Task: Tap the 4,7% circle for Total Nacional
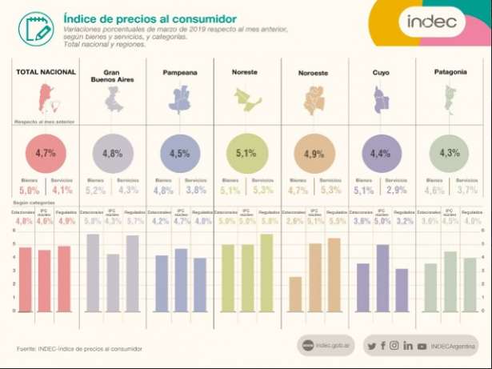pyautogui.click(x=46, y=152)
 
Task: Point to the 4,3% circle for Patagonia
pyautogui.click(x=449, y=152)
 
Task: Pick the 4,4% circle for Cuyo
pyautogui.click(x=381, y=152)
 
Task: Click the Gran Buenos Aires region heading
pyautogui.click(x=113, y=76)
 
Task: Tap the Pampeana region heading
pyautogui.click(x=180, y=72)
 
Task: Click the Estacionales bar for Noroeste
pyautogui.click(x=295, y=293)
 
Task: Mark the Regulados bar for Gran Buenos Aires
pyautogui.click(x=131, y=272)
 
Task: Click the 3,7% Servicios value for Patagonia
pyautogui.click(x=467, y=191)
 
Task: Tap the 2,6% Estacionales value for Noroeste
pyautogui.click(x=295, y=221)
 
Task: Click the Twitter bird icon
pyautogui.click(x=370, y=346)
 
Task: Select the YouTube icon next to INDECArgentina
pyautogui.click(x=422, y=346)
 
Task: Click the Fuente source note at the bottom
pyautogui.click(x=80, y=349)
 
